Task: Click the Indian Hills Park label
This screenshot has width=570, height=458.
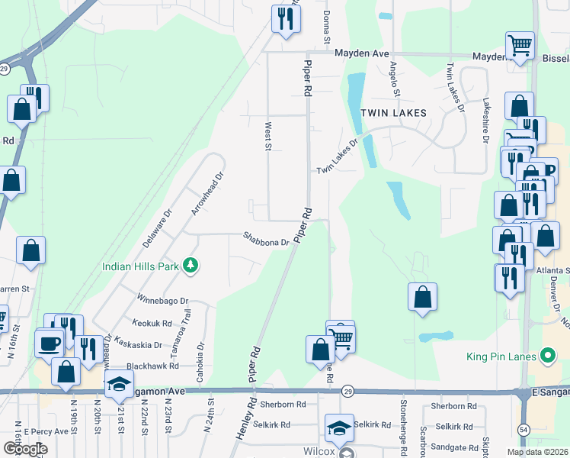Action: pyautogui.click(x=141, y=266)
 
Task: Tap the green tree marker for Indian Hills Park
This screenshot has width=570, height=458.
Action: pyautogui.click(x=190, y=266)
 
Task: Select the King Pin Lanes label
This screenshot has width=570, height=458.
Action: pyautogui.click(x=499, y=356)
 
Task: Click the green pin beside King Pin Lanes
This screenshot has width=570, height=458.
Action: pyautogui.click(x=546, y=356)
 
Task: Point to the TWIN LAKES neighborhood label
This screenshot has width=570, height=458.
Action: pyautogui.click(x=393, y=112)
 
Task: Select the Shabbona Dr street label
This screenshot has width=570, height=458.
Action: pyautogui.click(x=266, y=239)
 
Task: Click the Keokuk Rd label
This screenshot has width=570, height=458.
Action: pyautogui.click(x=151, y=324)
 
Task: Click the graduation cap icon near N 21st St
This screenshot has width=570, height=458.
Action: pyautogui.click(x=120, y=385)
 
